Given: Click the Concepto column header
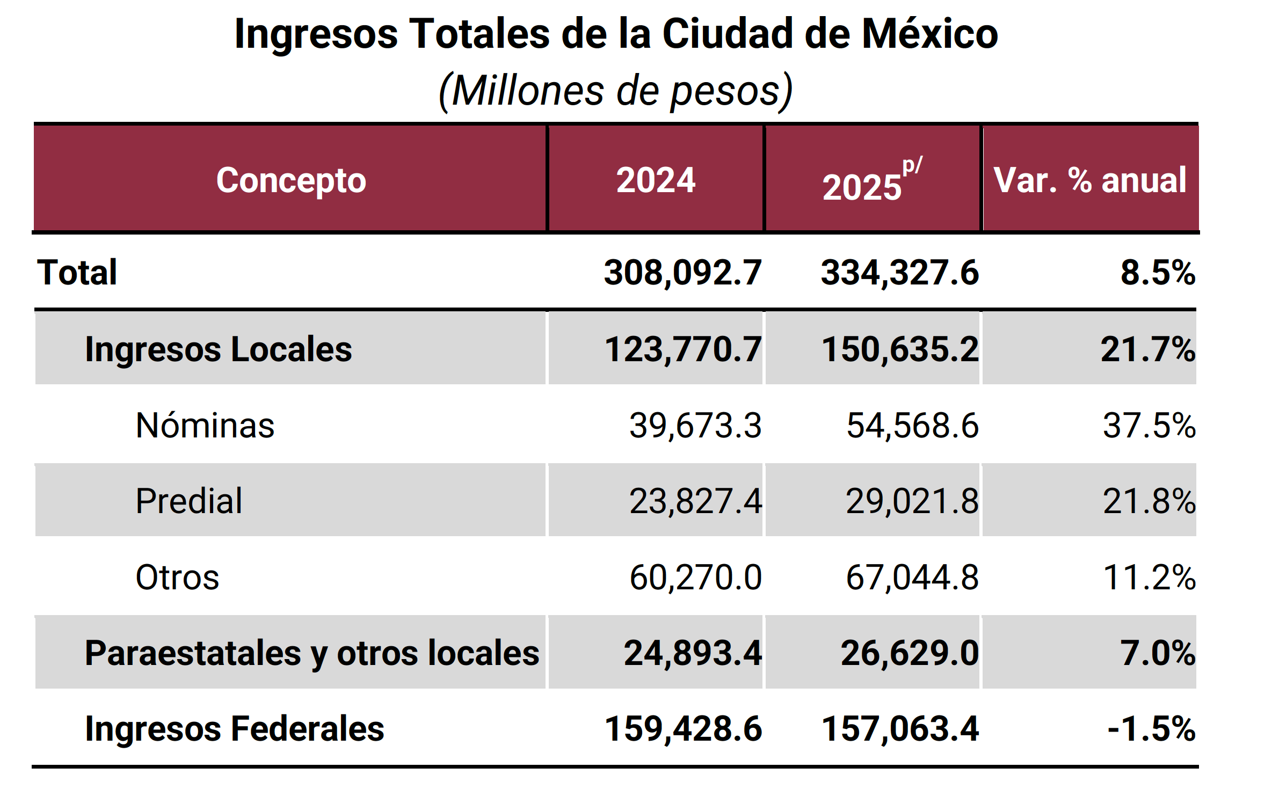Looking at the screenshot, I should (x=290, y=180).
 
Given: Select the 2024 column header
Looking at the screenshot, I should (x=655, y=180).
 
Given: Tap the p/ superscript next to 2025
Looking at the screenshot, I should (x=912, y=165).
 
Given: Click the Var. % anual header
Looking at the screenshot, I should (x=1089, y=180).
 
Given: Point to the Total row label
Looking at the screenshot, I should (x=77, y=272).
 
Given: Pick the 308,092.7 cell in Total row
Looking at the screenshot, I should (x=682, y=272).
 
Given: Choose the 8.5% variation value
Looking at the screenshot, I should (x=1157, y=272).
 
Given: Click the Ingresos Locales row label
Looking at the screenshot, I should (x=218, y=349).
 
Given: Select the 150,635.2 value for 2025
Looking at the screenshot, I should (x=899, y=349).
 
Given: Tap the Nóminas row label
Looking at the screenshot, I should (x=205, y=425).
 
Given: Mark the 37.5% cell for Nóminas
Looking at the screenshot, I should (x=1149, y=425).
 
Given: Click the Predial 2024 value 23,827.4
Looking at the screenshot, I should (x=695, y=501).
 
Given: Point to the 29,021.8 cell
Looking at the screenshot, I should (x=912, y=501).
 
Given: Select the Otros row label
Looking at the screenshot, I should (x=177, y=577).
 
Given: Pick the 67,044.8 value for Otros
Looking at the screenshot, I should (x=912, y=577).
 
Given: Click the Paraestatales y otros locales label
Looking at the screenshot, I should (x=311, y=653).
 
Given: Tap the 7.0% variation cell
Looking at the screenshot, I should (x=1157, y=653).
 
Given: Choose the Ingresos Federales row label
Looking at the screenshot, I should (x=234, y=728).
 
